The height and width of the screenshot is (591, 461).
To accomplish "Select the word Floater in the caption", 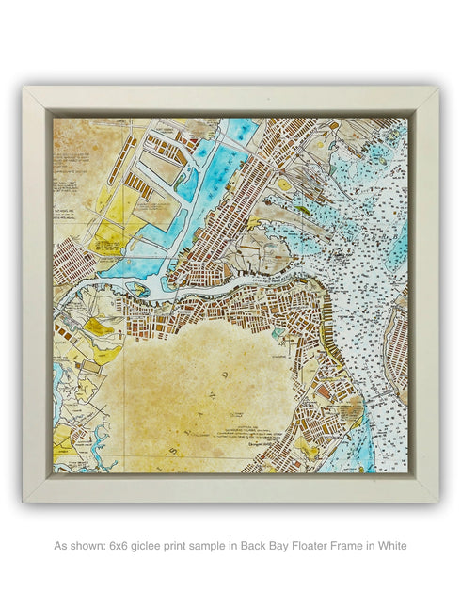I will tap(309, 545).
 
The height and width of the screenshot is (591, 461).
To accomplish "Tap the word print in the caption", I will tap(190, 545).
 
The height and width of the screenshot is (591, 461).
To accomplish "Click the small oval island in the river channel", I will tap(142, 290).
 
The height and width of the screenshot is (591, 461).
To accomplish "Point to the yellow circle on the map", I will tap(284, 186).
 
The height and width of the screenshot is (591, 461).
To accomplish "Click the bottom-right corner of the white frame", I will tap(437, 500).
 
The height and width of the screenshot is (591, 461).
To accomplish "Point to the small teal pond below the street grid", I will tap(277, 332).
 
